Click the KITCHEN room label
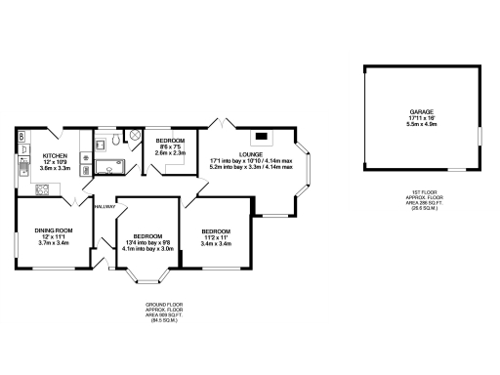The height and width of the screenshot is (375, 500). [x=53, y=155]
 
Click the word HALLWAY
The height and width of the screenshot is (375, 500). [x=104, y=206]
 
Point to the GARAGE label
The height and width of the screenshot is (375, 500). [x=422, y=112]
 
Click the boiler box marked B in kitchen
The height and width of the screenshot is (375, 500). [x=21, y=138]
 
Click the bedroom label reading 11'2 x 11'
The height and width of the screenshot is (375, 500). [x=215, y=236]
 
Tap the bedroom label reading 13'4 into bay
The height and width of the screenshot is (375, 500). [x=146, y=242]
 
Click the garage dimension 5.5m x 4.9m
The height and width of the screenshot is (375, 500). [x=422, y=125]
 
